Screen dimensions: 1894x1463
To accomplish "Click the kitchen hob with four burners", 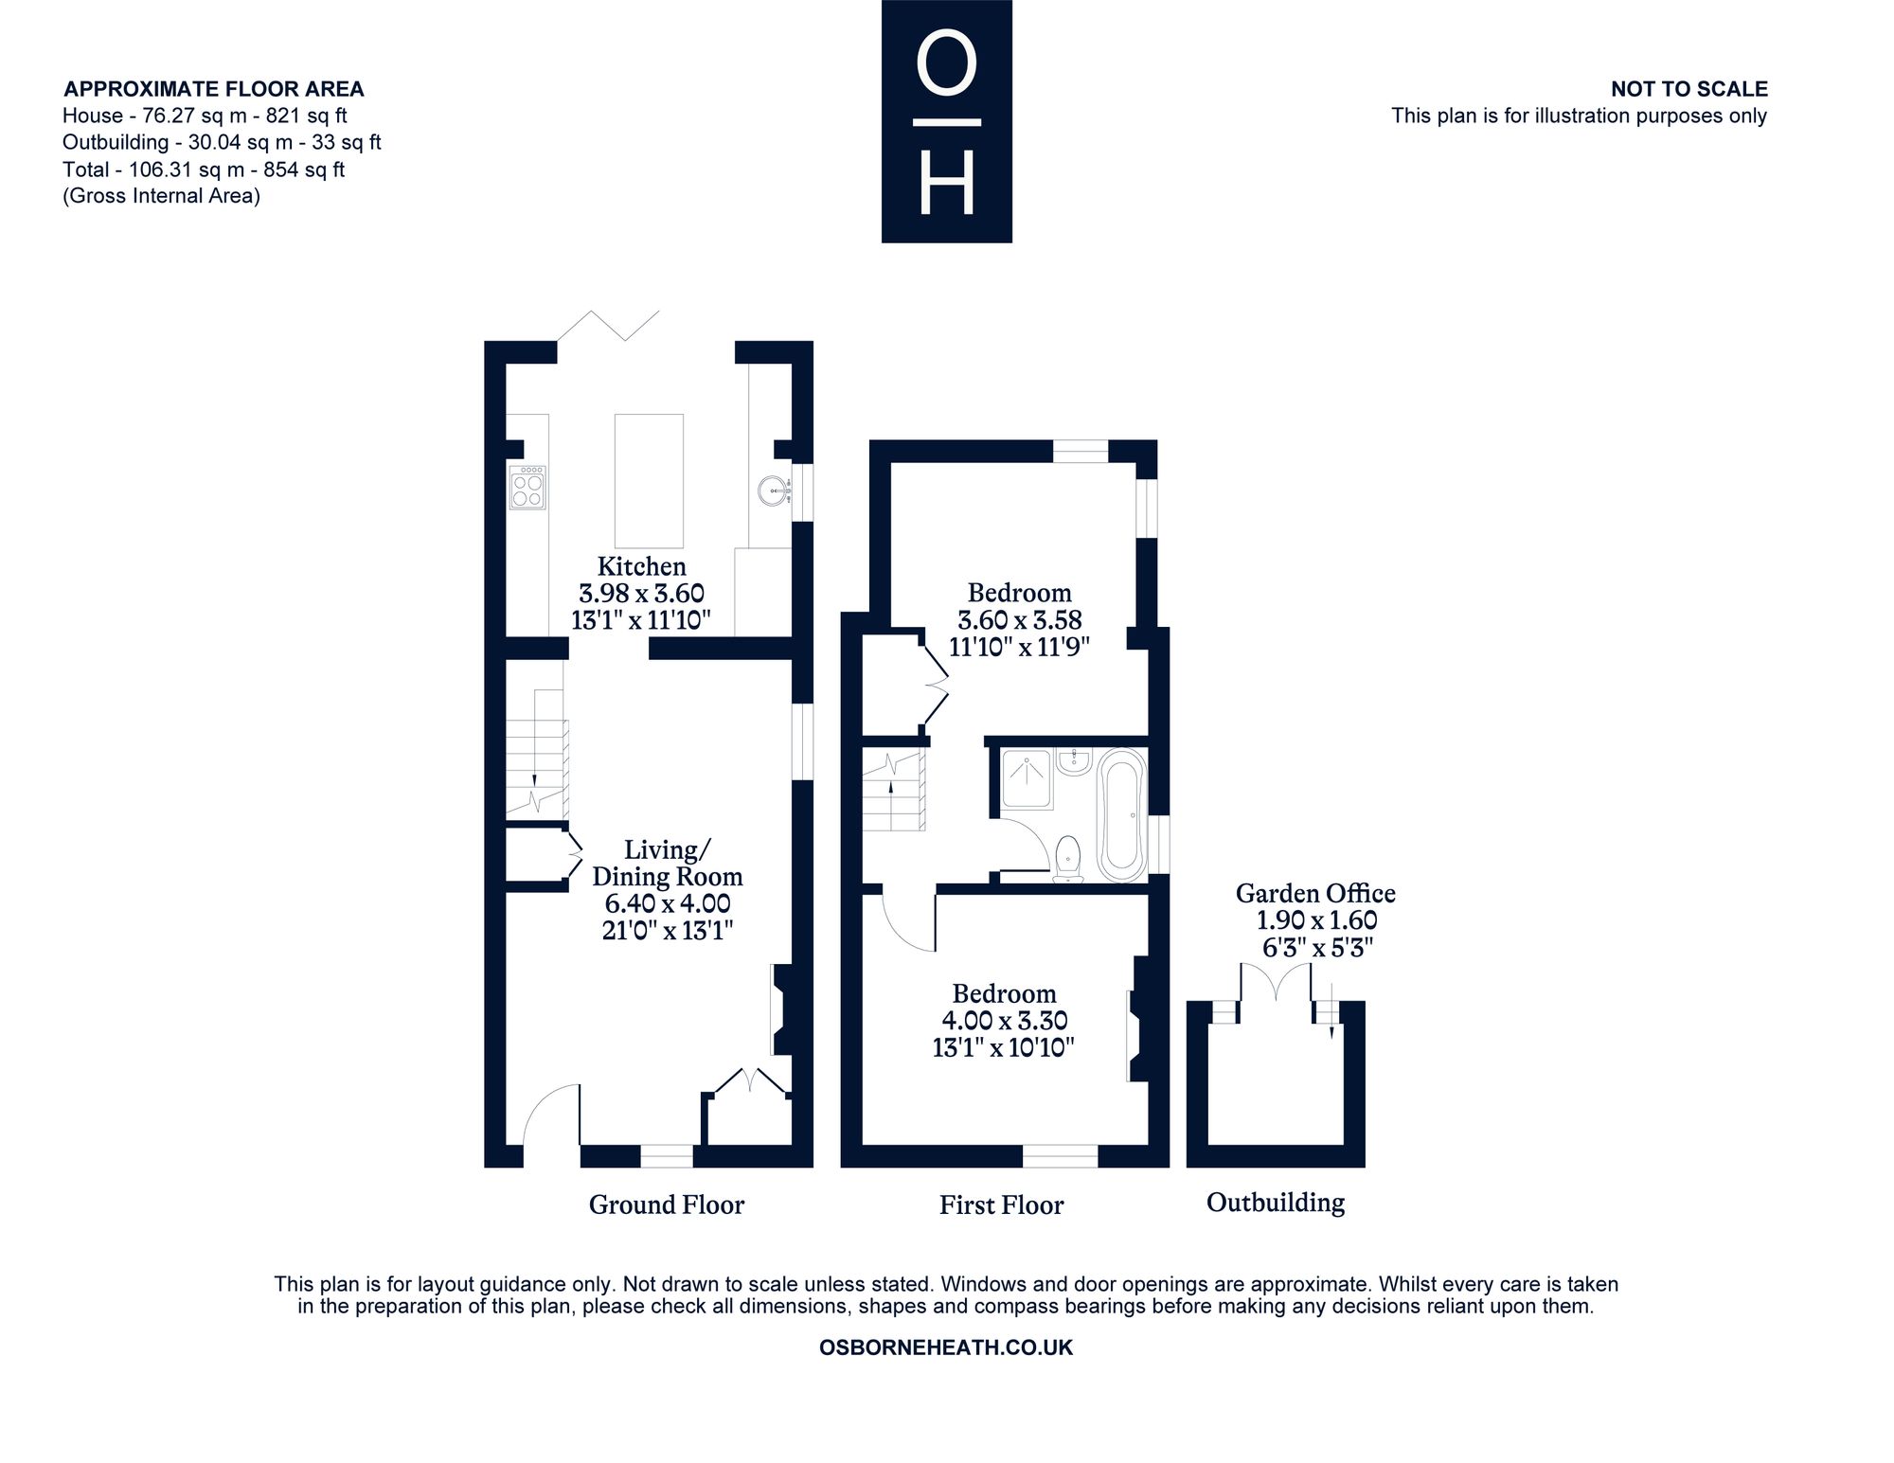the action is (527, 487).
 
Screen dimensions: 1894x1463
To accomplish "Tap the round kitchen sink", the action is (773, 491).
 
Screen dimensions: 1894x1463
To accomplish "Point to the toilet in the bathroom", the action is (1068, 858).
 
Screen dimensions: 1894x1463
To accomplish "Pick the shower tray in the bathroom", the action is (1026, 778).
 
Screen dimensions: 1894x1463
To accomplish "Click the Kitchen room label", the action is (642, 566).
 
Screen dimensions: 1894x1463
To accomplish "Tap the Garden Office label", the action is (1315, 893).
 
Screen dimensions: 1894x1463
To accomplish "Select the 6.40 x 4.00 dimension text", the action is (668, 903).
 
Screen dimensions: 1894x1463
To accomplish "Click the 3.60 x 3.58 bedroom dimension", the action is (1020, 620).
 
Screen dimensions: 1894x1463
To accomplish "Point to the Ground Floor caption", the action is (667, 1204).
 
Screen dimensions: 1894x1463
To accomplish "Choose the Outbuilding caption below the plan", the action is (1276, 1203).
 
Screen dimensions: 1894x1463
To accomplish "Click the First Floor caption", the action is (1002, 1204).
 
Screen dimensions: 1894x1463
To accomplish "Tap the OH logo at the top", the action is (947, 121).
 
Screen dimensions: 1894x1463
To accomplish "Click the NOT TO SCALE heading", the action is (1689, 89).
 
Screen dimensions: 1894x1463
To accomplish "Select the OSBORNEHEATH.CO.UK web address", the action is (946, 1347).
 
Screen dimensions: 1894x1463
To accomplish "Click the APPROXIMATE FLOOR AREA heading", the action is (213, 89).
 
